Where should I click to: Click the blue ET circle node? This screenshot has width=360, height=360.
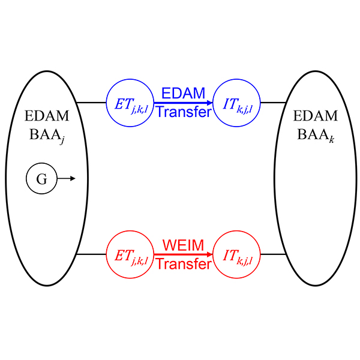pos(130,103)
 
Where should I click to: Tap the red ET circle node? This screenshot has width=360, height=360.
pos(130,254)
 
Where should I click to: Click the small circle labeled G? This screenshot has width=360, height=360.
pos(41,178)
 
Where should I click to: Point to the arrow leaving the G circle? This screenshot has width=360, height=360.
pos(66,178)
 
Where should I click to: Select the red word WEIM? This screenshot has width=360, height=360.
pos(183,245)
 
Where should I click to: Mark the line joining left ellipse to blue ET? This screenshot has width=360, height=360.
pos(92,103)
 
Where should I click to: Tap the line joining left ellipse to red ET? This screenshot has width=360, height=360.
pos(92,254)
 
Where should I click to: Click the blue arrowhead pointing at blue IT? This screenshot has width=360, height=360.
pos(209,103)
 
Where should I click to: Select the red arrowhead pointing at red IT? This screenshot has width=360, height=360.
pos(209,254)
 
